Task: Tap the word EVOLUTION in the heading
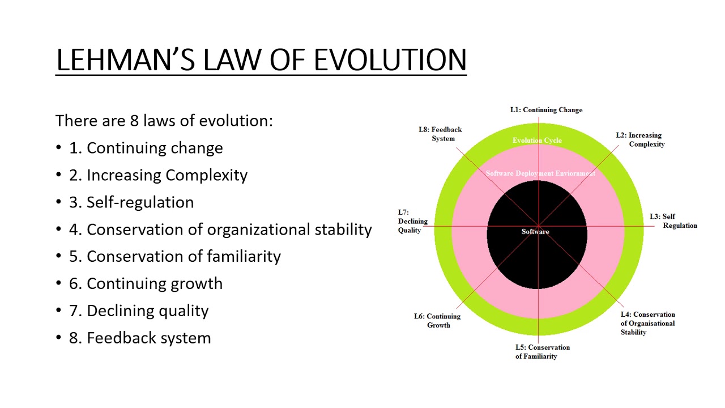tap(390, 59)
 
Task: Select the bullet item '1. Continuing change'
tap(146, 148)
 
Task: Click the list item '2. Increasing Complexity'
tap(158, 175)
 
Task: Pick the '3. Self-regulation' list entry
tap(131, 202)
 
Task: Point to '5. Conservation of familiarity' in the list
tap(175, 256)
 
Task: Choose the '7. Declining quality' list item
tap(139, 311)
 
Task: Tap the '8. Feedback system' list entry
tap(140, 338)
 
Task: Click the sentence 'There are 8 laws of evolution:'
tap(164, 121)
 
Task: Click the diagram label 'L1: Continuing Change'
tap(546, 110)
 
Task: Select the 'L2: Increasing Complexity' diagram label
tap(641, 139)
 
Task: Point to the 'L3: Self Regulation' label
tap(673, 221)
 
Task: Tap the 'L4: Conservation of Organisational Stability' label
tap(648, 323)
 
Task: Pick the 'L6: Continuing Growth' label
tap(437, 321)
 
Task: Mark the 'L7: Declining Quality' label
tap(412, 222)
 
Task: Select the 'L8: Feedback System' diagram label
tap(441, 134)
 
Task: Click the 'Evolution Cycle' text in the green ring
tap(537, 141)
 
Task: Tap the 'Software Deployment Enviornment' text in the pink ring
tap(540, 173)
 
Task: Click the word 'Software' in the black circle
tap(535, 232)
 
